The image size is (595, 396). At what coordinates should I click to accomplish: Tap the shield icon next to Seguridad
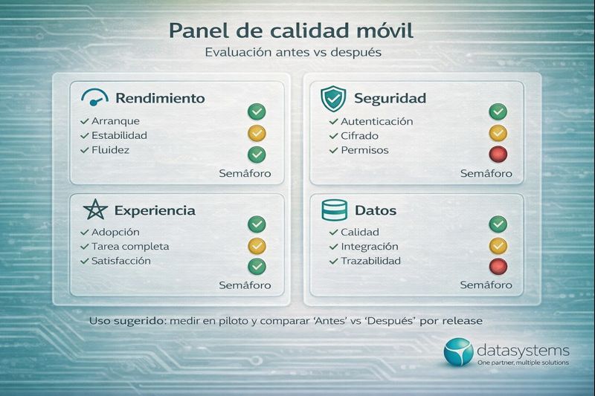[333, 98]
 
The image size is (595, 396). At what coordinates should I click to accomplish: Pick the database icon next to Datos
[334, 210]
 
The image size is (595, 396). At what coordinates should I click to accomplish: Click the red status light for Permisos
[498, 155]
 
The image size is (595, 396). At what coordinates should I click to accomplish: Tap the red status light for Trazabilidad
[498, 266]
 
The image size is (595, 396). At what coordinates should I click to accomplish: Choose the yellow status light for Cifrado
[498, 133]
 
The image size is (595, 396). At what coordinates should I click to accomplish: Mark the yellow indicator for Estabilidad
[257, 133]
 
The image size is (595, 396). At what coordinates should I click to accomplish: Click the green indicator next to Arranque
[257, 112]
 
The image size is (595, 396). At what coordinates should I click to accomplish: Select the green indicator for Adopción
[257, 224]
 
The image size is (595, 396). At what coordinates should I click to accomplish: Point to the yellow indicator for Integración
[498, 244]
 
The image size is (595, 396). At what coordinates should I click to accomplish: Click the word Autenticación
[376, 121]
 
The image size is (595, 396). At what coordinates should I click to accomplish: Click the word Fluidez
[112, 150]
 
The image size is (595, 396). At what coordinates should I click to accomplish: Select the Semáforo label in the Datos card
[486, 285]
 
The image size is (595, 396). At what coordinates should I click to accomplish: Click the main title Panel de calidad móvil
[291, 31]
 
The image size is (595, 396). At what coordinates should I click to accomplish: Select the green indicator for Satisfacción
[257, 266]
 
